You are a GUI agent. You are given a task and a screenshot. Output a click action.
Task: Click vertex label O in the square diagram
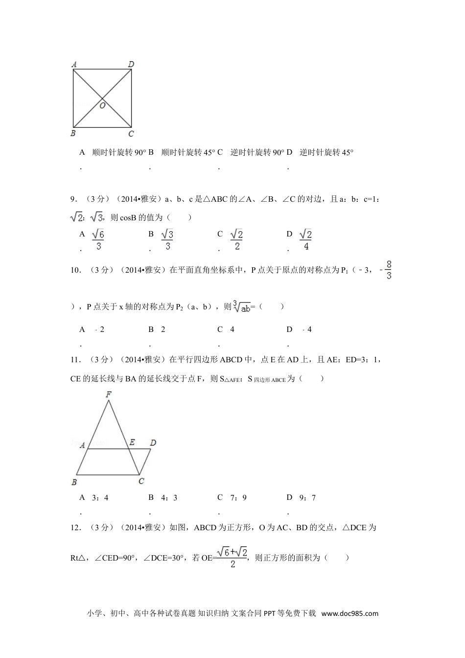[x=102, y=105]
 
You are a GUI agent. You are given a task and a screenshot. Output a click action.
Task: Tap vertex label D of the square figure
[x=131, y=64]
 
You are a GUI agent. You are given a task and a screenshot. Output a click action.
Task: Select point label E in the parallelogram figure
[x=132, y=443]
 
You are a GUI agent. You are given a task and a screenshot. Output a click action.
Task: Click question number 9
[x=74, y=199]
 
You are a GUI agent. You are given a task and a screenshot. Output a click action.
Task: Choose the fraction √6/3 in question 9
[x=98, y=239]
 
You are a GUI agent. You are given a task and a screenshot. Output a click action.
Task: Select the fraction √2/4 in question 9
[x=306, y=239]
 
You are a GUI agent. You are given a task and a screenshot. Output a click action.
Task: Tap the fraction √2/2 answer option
[x=237, y=239]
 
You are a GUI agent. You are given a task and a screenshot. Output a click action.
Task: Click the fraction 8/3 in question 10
[x=389, y=270]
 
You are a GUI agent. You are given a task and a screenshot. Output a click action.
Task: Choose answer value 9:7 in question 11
[x=308, y=497]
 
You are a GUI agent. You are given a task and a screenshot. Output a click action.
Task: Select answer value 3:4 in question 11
[x=100, y=497]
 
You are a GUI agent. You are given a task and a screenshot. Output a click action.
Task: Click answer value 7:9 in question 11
[x=238, y=497]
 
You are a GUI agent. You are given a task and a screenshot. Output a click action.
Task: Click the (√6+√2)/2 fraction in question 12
[x=232, y=557]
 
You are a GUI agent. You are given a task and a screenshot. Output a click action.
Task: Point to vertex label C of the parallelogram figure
[x=141, y=481]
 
